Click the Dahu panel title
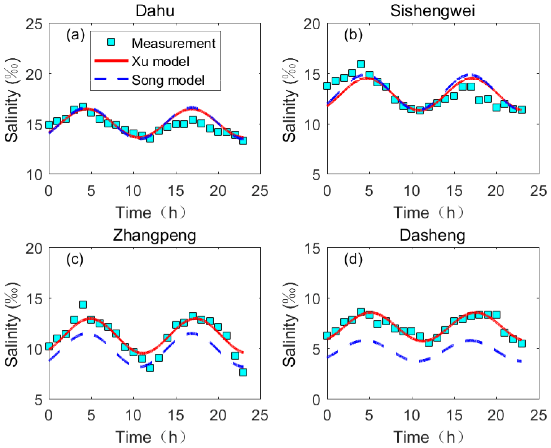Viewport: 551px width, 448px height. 155,11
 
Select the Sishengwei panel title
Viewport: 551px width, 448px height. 432,11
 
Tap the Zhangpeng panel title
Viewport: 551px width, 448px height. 154,235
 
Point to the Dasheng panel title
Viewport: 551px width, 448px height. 432,235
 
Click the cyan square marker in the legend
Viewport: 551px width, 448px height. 111,42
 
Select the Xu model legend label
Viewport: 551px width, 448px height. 161,61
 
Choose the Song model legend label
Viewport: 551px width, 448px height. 168,80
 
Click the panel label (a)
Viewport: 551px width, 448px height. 75,35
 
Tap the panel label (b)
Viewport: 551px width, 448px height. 353,35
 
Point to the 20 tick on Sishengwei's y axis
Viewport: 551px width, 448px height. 312,24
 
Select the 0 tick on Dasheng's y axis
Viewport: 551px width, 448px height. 316,400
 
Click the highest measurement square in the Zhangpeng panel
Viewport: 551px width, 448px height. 83,305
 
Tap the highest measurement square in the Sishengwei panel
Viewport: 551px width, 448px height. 361,65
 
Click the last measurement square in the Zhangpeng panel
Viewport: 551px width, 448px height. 243,372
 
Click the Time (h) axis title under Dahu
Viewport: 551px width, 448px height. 151,213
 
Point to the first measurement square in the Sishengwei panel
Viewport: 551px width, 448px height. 327,86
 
